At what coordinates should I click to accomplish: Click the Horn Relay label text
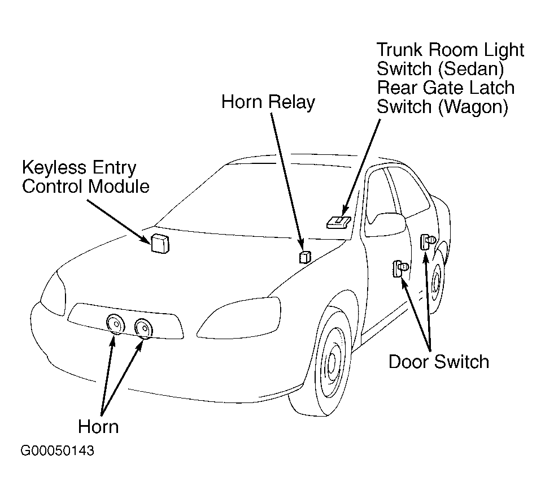pyautogui.click(x=268, y=102)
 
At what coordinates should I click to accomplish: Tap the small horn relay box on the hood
pyautogui.click(x=305, y=257)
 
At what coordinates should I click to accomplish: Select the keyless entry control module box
pyautogui.click(x=160, y=243)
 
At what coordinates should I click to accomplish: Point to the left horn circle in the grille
pyautogui.click(x=115, y=324)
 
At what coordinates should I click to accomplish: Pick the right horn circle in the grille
pyautogui.click(x=143, y=328)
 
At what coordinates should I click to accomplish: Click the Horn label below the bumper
pyautogui.click(x=98, y=427)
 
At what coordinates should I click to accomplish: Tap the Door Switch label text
pyautogui.click(x=439, y=362)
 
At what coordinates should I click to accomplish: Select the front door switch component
pyautogui.click(x=400, y=269)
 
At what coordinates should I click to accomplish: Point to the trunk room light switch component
pyautogui.click(x=338, y=222)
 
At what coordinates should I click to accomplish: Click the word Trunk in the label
pyautogui.click(x=400, y=50)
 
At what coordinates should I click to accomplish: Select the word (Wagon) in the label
pyautogui.click(x=473, y=107)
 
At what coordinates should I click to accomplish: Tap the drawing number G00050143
pyautogui.click(x=58, y=451)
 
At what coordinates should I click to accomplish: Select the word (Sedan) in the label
pyautogui.click(x=471, y=69)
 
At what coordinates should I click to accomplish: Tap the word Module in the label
pyautogui.click(x=118, y=187)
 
